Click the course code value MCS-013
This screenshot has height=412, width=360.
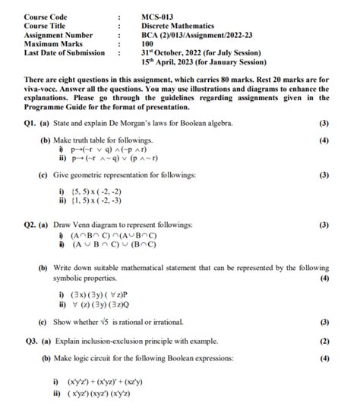click(159, 17)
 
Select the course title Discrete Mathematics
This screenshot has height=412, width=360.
click(178, 26)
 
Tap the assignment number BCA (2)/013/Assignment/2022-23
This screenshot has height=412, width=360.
click(198, 35)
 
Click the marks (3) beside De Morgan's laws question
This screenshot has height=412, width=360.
click(324, 123)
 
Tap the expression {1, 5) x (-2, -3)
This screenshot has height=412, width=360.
click(103, 202)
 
